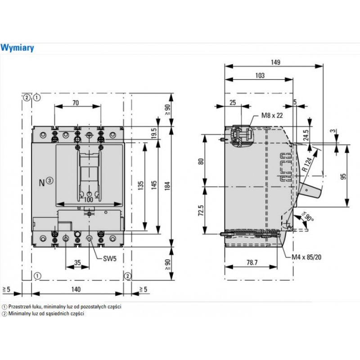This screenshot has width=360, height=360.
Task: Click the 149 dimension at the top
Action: [x=275, y=62]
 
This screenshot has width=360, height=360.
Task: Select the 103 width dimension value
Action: [x=260, y=76]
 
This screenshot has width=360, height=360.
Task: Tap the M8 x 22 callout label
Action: [x=272, y=116]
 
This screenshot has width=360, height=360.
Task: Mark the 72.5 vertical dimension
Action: [x=200, y=210]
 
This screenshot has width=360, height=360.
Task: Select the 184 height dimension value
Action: [x=166, y=187]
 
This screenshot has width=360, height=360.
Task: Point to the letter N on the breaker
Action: [x=42, y=182]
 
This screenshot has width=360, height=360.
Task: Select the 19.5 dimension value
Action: [x=153, y=133]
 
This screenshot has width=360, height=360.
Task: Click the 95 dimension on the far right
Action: [x=343, y=176]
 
